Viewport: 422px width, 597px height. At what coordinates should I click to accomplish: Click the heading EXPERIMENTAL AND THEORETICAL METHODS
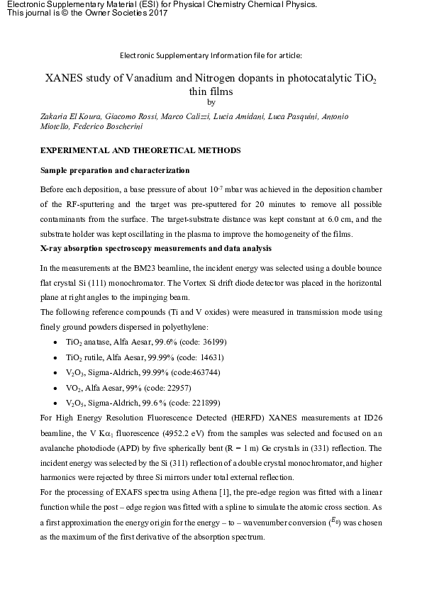coord(140,151)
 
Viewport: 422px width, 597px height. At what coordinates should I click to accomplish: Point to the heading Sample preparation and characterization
coord(115,171)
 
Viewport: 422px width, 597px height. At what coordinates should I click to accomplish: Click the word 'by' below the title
coord(211,102)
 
